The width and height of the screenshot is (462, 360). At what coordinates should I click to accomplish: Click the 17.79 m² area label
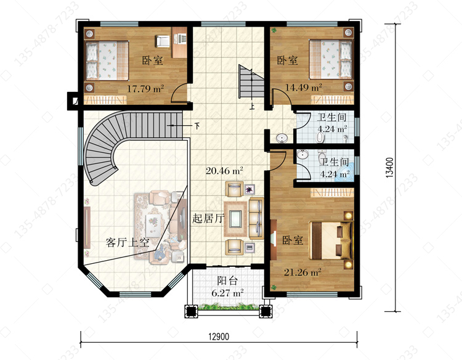[x=145, y=88]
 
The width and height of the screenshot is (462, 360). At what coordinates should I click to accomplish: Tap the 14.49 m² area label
[x=304, y=88]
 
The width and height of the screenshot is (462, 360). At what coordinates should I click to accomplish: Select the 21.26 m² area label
[x=302, y=272]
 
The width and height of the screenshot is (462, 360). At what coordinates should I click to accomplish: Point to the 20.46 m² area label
[x=224, y=170]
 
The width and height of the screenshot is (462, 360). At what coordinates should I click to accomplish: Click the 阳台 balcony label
[x=227, y=280]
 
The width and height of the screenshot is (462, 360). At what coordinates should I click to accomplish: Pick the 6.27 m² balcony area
[x=227, y=293]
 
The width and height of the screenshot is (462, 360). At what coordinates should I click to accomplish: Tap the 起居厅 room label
[x=208, y=218]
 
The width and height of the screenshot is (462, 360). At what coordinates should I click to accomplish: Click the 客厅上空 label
[x=128, y=242]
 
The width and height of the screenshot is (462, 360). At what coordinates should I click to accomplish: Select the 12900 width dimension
[x=219, y=337]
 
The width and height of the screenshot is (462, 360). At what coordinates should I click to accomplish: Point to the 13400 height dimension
[x=389, y=168]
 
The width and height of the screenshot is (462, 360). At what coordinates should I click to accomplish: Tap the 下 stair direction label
[x=197, y=126]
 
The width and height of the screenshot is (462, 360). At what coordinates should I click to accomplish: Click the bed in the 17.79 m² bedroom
[x=107, y=60]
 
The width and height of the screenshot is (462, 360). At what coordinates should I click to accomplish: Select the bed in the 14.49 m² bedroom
[x=331, y=59]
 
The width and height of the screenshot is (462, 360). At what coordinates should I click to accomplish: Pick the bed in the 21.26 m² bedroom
[x=331, y=240]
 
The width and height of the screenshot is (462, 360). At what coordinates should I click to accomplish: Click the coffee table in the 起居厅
[x=236, y=219]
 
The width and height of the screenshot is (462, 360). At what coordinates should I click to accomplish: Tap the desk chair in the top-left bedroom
[x=163, y=41]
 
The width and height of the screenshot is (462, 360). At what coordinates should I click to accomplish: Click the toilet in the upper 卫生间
[x=320, y=136]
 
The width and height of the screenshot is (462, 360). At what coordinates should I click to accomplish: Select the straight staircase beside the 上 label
[x=251, y=81]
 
